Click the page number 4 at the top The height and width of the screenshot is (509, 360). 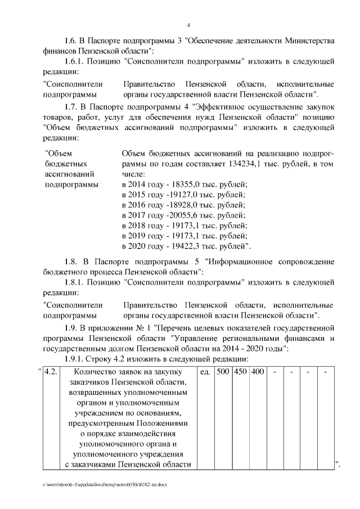189,25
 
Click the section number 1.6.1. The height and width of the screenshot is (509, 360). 76,61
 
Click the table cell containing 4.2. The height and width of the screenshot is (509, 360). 51,373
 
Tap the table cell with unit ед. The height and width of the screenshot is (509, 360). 205,373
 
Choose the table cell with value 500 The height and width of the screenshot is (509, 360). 223,373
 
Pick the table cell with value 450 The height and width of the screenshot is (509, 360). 241,373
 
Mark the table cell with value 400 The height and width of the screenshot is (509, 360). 258,373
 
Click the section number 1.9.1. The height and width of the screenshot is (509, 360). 76,359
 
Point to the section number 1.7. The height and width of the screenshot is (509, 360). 71,106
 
